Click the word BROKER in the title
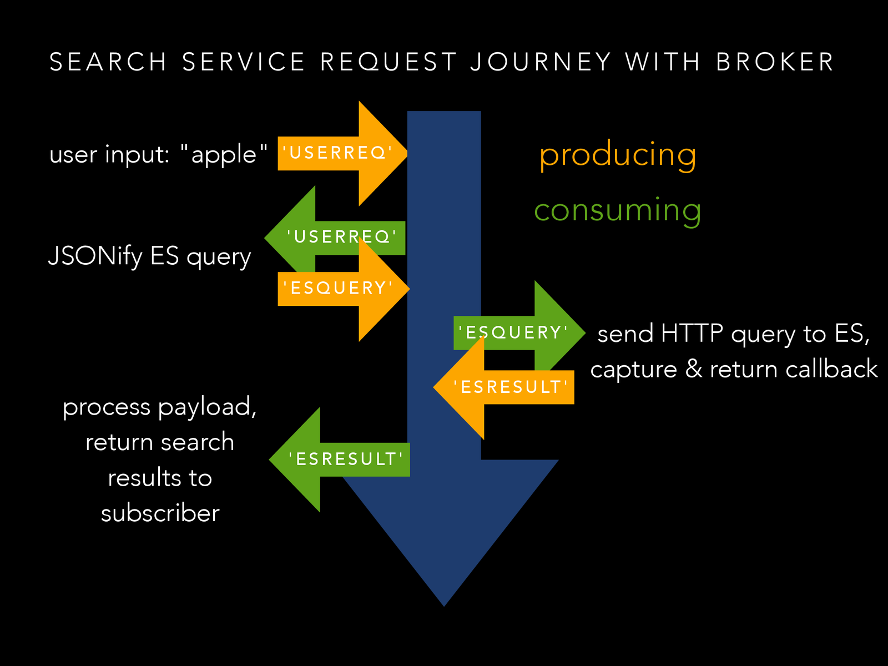pyautogui.click(x=775, y=62)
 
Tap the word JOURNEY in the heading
pyautogui.click(x=541, y=62)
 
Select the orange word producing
pyautogui.click(x=618, y=155)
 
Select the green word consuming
pyautogui.click(x=617, y=210)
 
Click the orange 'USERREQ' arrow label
pyautogui.click(x=337, y=153)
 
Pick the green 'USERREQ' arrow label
pyautogui.click(x=342, y=237)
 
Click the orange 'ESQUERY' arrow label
pyautogui.click(x=337, y=288)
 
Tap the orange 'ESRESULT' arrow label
pyautogui.click(x=511, y=387)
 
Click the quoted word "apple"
pyautogui.click(x=224, y=154)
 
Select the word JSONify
pyautogui.click(x=95, y=256)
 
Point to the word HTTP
pyautogui.click(x=692, y=334)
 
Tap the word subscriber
pyautogui.click(x=160, y=513)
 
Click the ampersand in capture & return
pyautogui.click(x=693, y=370)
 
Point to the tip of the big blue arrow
pyautogui.click(x=444, y=604)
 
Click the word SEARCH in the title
pyautogui.click(x=108, y=62)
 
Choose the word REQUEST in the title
pyautogui.click(x=389, y=62)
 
